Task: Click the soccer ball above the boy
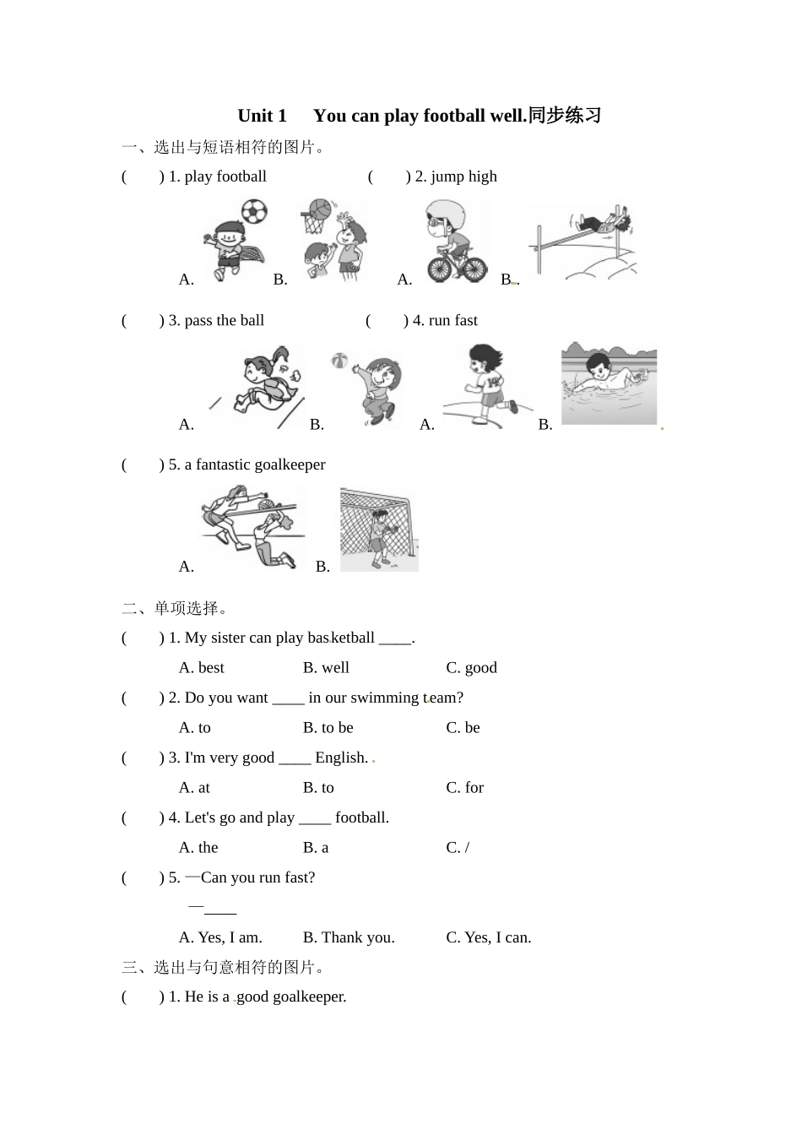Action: coord(253,211)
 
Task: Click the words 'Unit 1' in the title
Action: coord(262,116)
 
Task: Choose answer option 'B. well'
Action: coord(326,667)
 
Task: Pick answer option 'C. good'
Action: coord(471,667)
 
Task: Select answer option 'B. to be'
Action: coord(328,727)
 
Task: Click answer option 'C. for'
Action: coord(464,787)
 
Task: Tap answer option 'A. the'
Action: coord(198,847)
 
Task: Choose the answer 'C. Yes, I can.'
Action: coord(488,937)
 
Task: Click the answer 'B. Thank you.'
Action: coord(349,937)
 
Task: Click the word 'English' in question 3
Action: coord(341,758)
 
